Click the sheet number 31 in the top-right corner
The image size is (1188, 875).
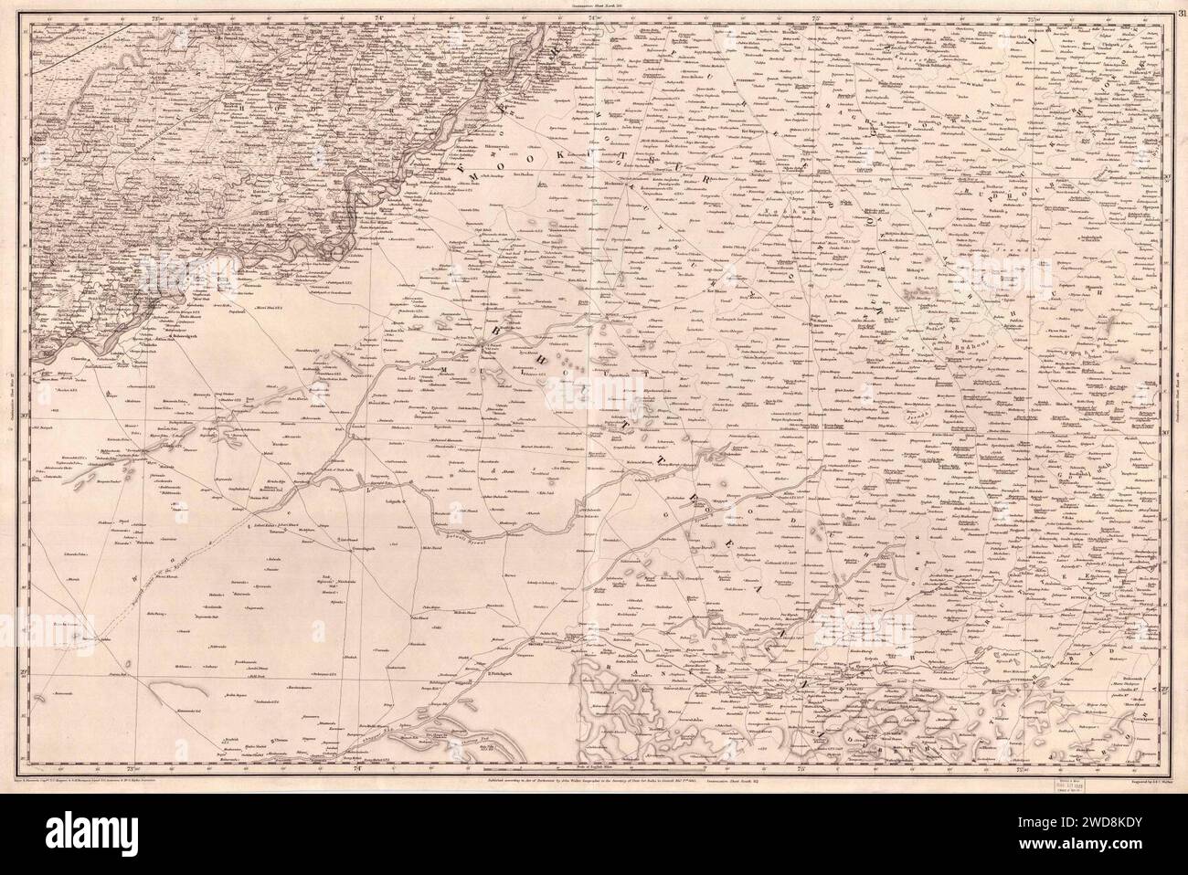pos(1180,10)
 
